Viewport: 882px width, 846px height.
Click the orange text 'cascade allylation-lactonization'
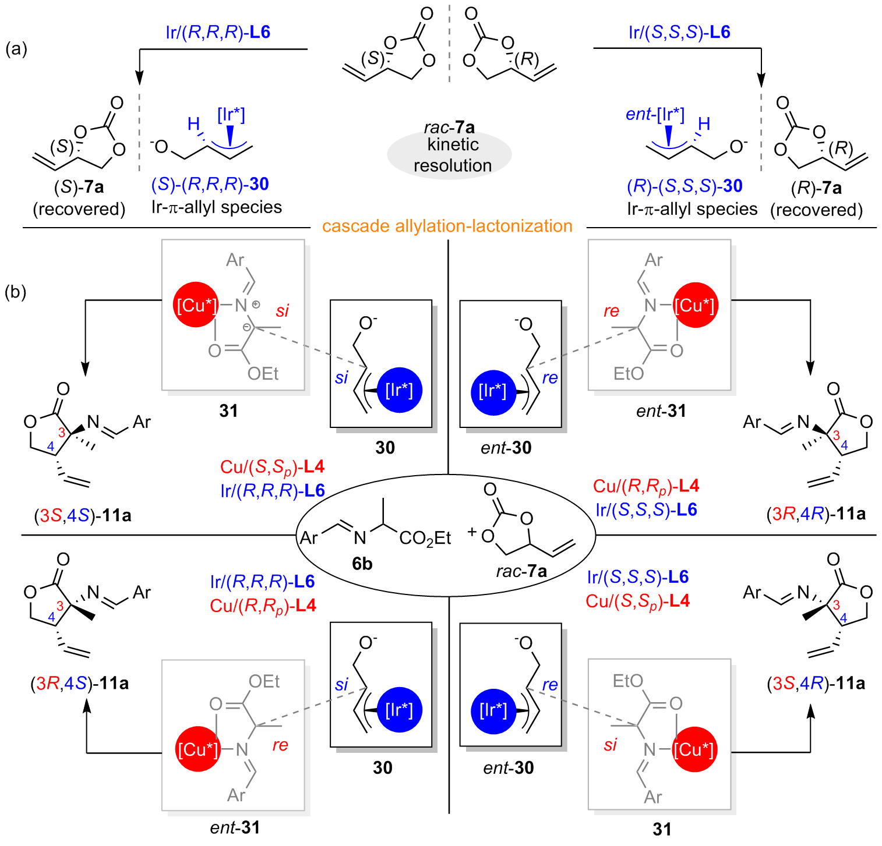[447, 226]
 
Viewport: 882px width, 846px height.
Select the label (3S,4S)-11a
[82, 515]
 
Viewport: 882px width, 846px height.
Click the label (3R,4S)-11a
[80, 683]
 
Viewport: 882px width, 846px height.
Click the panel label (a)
[16, 49]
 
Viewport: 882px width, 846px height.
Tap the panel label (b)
[16, 292]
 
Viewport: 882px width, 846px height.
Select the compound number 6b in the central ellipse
[362, 563]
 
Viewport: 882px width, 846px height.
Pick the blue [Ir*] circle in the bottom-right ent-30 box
[493, 710]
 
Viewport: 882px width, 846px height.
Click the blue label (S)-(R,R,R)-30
[210, 185]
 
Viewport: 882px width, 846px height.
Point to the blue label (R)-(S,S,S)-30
[685, 186]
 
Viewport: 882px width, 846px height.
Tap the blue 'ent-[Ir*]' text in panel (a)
[655, 115]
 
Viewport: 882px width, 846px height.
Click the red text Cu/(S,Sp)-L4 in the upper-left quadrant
[272, 467]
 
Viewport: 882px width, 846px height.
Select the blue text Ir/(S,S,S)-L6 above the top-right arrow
[679, 32]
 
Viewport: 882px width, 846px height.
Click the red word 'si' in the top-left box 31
[283, 311]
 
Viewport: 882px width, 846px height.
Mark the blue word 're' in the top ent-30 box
[550, 378]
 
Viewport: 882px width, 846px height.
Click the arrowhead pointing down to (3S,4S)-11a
[86, 369]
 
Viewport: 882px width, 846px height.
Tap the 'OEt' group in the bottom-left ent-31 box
[264, 681]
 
